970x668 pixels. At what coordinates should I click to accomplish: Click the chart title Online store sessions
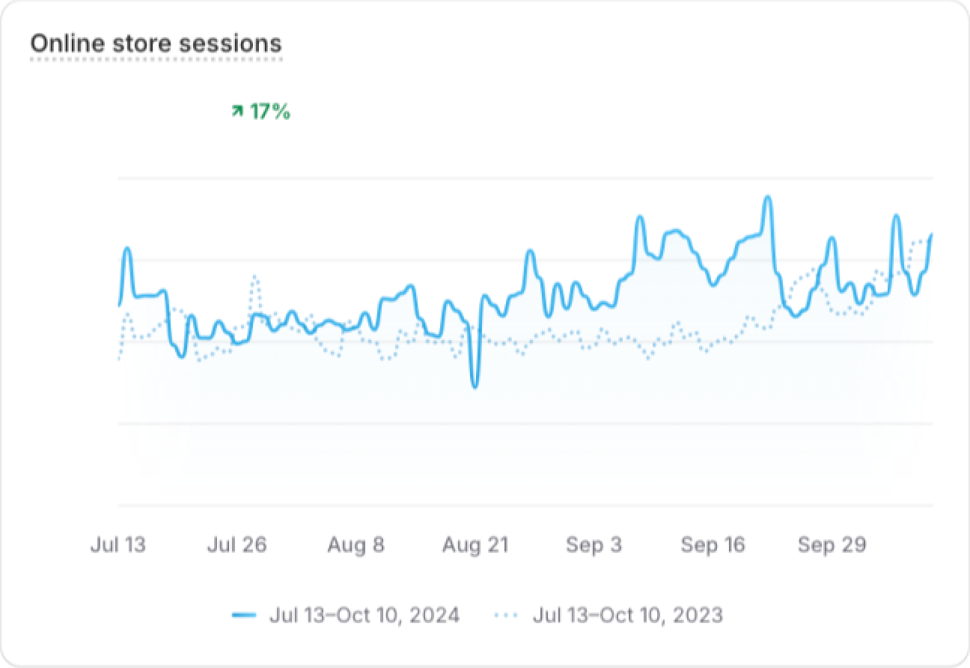pos(156,43)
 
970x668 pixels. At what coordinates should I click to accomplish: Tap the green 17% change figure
pos(269,112)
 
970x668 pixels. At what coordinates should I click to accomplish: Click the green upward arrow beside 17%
pos(237,112)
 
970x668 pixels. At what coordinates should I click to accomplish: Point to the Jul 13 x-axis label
pos(118,544)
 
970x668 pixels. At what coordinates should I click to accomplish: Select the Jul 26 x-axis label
pos(237,544)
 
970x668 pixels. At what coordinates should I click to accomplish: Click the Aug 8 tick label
pos(356,544)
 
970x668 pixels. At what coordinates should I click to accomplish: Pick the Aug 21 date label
pos(475,544)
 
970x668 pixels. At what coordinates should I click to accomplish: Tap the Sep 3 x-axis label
pos(594,544)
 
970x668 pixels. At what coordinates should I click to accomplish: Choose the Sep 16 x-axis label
pos(713,544)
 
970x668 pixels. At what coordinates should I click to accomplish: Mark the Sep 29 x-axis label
pos(832,544)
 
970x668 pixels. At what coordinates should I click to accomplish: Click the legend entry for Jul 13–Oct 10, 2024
pos(364,616)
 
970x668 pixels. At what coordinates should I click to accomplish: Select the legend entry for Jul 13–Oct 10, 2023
pos(627,616)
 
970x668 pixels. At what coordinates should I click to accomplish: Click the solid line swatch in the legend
pos(244,616)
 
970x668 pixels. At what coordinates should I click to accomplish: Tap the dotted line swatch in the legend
pos(506,616)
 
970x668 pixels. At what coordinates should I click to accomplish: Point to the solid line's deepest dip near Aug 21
pos(475,386)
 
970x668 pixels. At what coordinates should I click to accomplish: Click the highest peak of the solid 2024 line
pos(767,198)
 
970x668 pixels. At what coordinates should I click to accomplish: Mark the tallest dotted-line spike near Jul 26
pos(255,276)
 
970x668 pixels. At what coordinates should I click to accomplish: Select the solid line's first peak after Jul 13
pos(127,249)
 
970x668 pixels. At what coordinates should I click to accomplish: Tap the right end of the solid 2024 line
pos(931,235)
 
